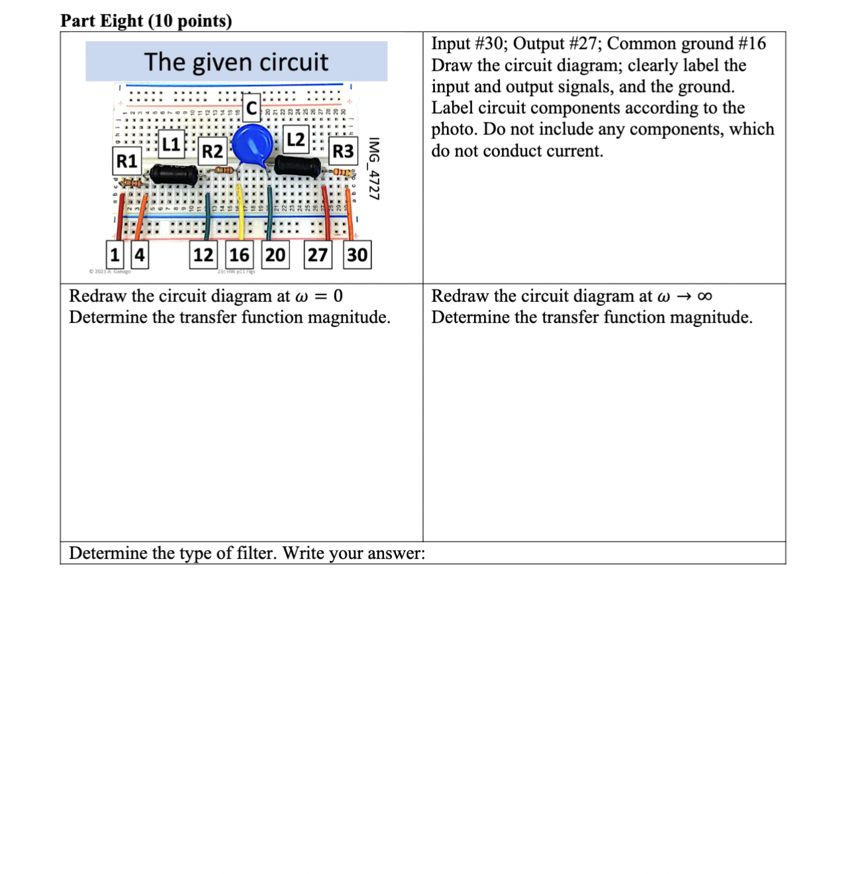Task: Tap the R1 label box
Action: click(126, 161)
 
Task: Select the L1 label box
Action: click(171, 144)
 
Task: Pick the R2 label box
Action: click(213, 152)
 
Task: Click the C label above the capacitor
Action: click(252, 107)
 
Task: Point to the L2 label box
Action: click(295, 139)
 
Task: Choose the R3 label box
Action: click(343, 152)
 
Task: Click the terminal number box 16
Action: click(239, 255)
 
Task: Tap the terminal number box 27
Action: click(318, 255)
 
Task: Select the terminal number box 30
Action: click(358, 255)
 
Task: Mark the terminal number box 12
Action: click(203, 255)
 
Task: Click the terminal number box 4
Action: click(140, 255)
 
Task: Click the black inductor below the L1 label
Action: click(173, 174)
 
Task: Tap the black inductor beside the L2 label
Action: click(298, 165)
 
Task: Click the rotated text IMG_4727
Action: click(374, 169)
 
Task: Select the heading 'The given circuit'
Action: click(236, 62)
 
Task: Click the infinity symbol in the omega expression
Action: click(705, 296)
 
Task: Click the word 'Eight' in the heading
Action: click(122, 21)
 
